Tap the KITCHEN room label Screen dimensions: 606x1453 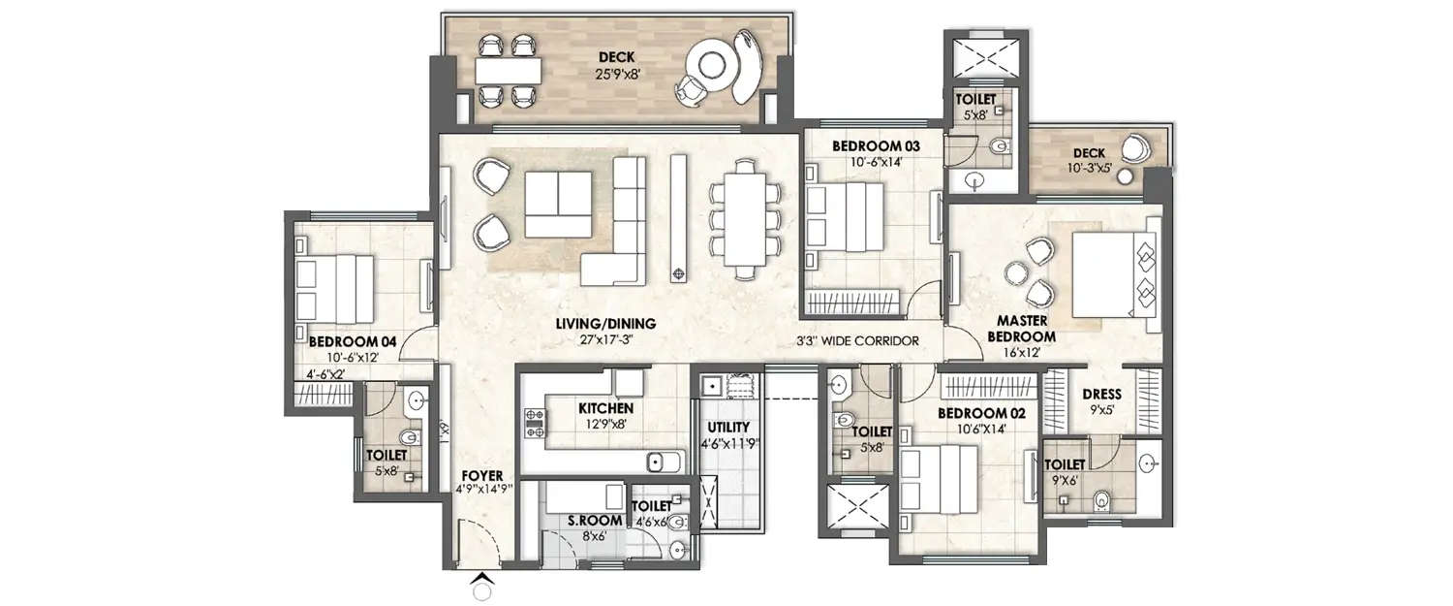click(x=606, y=408)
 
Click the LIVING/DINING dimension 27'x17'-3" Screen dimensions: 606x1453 click(x=605, y=339)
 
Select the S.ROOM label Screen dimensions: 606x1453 click(x=596, y=521)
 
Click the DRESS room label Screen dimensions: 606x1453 click(x=1102, y=395)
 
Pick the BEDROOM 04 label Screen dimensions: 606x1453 click(x=340, y=341)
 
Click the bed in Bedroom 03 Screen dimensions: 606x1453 click(x=842, y=215)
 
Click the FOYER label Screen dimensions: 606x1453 click(x=481, y=475)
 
